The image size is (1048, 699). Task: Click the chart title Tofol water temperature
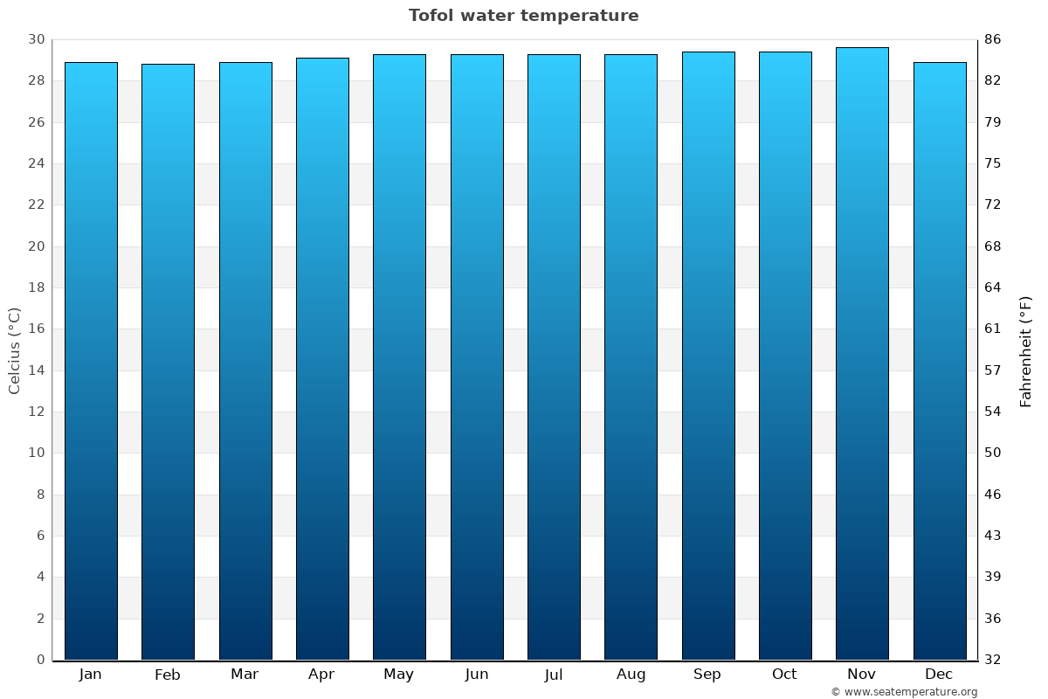pos(523,16)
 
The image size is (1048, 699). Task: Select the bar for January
pos(91,360)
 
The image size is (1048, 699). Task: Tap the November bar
pos(862,353)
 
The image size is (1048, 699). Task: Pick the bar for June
pos(477,356)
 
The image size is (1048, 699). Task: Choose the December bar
pos(940,360)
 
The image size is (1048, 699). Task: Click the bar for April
pos(322,358)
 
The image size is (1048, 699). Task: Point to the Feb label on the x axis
pos(168,675)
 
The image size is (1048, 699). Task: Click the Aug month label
pos(631,675)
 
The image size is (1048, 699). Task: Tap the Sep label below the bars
pos(707,675)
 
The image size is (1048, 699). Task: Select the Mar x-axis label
pos(245,675)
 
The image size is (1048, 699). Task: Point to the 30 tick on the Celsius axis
pos(36,39)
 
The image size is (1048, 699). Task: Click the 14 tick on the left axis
pos(36,370)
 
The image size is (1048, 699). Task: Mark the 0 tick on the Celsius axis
pos(40,660)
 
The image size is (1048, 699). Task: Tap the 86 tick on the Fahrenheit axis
pos(993,39)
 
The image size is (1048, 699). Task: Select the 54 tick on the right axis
pos(993,412)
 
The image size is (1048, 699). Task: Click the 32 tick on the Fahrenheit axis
pos(993,660)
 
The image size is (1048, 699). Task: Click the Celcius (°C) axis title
pos(15,350)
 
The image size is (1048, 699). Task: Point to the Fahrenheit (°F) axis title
pos(1026,350)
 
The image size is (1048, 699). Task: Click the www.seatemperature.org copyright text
pos(904,692)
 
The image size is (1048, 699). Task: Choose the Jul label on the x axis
pos(554,675)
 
